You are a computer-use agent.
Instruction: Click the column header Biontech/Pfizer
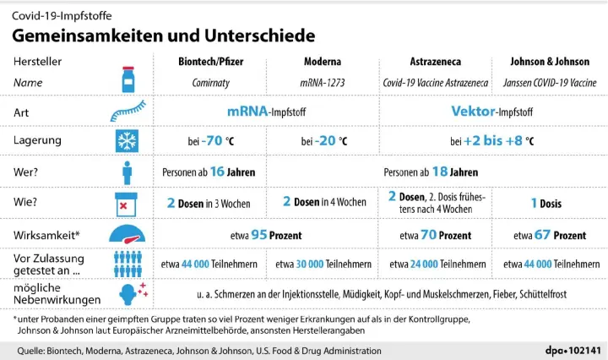[209, 63]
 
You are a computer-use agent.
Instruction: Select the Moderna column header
[323, 63]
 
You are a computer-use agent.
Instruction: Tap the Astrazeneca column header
[436, 63]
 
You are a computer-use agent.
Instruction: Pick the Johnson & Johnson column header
[549, 63]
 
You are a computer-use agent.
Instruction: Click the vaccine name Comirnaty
[209, 83]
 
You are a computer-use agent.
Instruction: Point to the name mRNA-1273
[323, 83]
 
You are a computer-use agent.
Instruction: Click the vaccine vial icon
[128, 73]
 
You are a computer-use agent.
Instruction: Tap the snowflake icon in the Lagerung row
[128, 141]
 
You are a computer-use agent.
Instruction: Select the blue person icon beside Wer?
[128, 172]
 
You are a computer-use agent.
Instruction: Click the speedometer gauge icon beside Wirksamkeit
[128, 234]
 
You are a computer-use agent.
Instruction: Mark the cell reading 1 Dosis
[549, 203]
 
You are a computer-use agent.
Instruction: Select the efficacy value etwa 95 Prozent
[266, 234]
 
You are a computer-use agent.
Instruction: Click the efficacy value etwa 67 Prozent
[549, 234]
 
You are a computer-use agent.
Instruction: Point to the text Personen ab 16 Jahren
[209, 172]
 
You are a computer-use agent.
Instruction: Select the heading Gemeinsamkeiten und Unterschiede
[163, 35]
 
